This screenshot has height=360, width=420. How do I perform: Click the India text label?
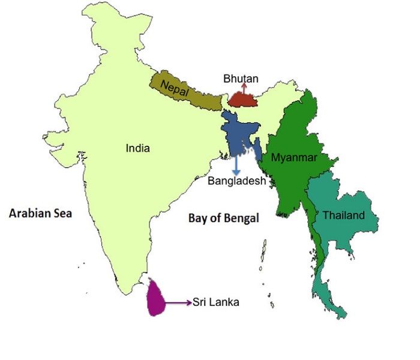(138, 148)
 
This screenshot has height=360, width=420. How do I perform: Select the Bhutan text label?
(241, 79)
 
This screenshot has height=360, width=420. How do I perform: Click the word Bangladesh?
(236, 181)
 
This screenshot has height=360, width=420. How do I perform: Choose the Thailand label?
(343, 215)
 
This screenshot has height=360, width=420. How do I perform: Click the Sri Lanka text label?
(216, 302)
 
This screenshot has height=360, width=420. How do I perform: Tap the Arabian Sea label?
(40, 212)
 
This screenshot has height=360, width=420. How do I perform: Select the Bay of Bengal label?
(224, 218)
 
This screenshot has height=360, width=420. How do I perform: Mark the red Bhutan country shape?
(243, 100)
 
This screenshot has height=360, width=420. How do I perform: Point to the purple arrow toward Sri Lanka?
(179, 302)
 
